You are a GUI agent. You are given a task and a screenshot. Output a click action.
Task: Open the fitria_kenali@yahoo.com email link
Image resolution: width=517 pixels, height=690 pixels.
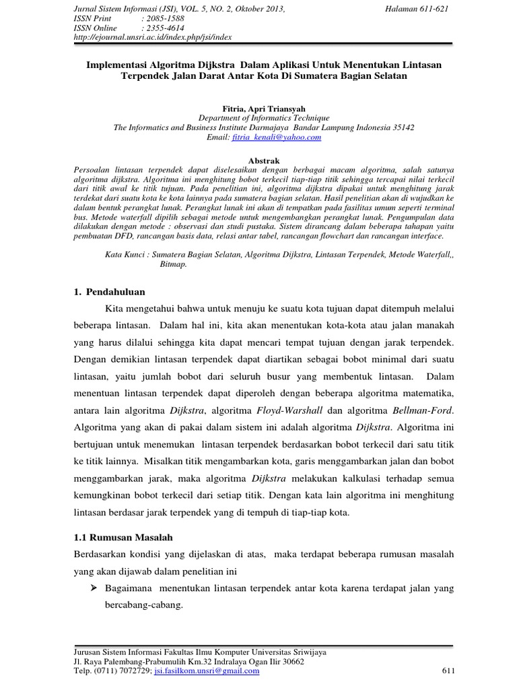(x=277, y=137)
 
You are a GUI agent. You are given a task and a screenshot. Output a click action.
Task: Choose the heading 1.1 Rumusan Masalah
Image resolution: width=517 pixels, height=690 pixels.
(x=123, y=537)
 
